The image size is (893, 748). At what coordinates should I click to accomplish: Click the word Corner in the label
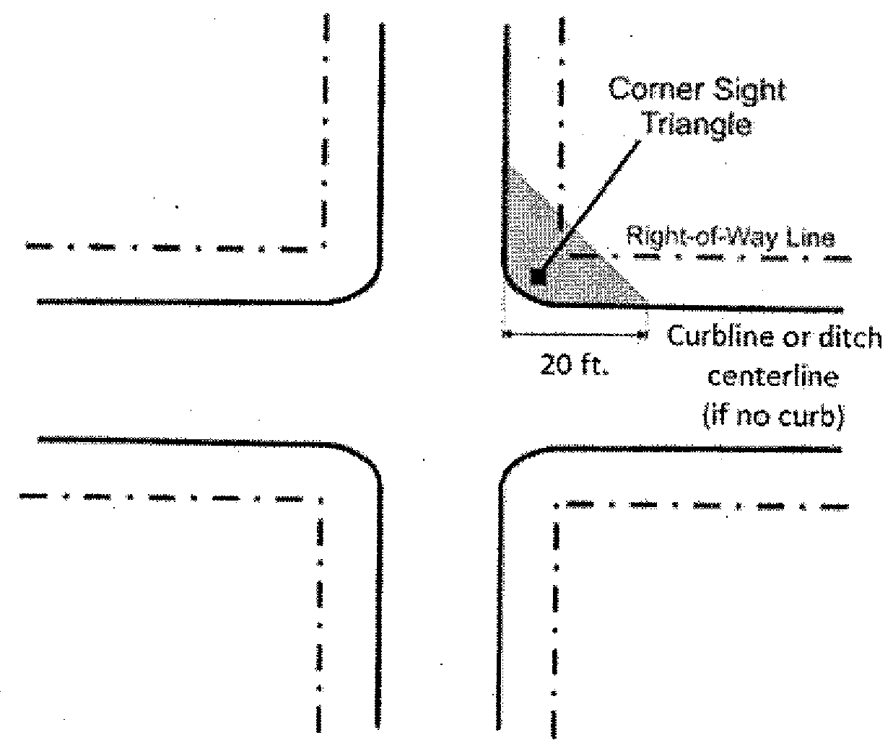(645, 90)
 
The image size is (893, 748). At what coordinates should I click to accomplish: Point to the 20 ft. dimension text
(575, 366)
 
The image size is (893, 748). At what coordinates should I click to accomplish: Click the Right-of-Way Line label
(730, 237)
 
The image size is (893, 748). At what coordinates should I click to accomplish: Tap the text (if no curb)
(772, 417)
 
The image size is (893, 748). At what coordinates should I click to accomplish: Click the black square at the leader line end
(536, 277)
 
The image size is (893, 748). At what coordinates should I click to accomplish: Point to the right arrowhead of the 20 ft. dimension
(641, 334)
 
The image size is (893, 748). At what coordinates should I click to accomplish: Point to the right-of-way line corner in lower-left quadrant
(320, 498)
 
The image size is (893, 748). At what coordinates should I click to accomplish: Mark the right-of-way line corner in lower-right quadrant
(556, 505)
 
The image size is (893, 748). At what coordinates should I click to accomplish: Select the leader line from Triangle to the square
(588, 209)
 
